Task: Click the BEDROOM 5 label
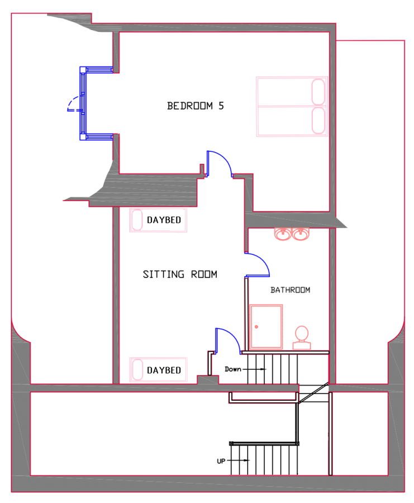[x=196, y=106]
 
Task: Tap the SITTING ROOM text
[x=180, y=274]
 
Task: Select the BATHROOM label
[x=290, y=290]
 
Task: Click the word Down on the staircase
[x=233, y=369]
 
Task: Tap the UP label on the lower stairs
[x=221, y=461]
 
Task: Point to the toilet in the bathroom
[x=302, y=338]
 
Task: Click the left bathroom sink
[x=283, y=234]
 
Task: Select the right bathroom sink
[x=301, y=234]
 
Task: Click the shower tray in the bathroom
[x=266, y=327]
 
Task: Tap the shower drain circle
[x=256, y=327]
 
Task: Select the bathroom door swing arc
[x=263, y=260]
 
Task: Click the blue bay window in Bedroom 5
[x=83, y=103]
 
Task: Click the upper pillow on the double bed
[x=318, y=92]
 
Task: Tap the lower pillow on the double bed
[x=318, y=120]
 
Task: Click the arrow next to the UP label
[x=238, y=461]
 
